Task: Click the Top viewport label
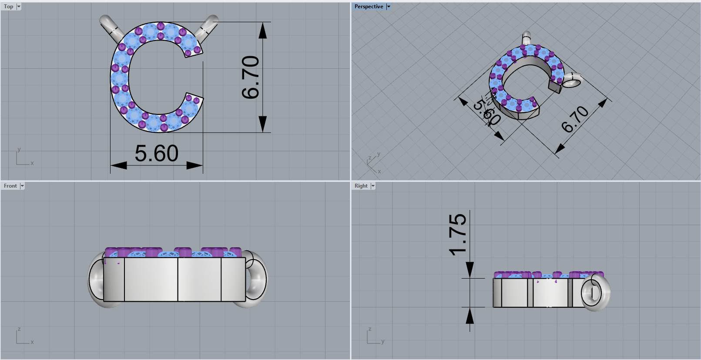coord(8,7)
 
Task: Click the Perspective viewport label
coord(369,7)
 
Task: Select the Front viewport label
coord(10,186)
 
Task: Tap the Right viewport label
coord(361,186)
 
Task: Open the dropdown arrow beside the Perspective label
coord(389,7)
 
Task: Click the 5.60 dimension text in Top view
coord(156,154)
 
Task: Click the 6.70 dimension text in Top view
coord(251,77)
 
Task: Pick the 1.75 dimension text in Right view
coord(458,234)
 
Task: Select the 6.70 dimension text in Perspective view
coord(575,119)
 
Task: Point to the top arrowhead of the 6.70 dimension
coord(262,30)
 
